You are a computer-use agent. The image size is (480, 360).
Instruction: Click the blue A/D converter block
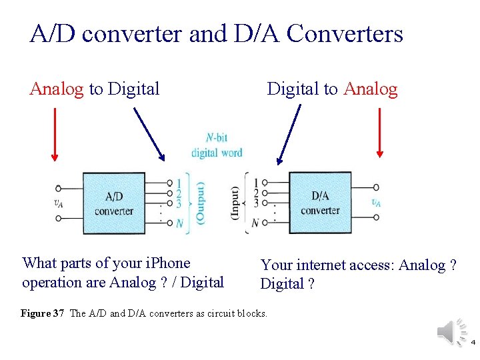pyautogui.click(x=113, y=203)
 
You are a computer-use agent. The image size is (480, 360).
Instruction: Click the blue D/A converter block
pyautogui.click(x=319, y=203)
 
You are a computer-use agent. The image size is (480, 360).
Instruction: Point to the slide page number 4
pyautogui.click(x=473, y=343)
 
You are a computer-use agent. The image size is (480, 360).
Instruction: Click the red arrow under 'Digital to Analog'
pyautogui.click(x=379, y=133)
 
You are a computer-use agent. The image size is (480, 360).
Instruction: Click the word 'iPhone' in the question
pyautogui.click(x=167, y=263)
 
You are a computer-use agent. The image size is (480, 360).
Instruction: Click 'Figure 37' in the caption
pyautogui.click(x=43, y=313)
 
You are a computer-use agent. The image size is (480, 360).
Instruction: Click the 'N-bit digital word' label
pyautogui.click(x=217, y=145)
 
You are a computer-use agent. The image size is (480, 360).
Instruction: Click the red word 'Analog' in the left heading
pyautogui.click(x=57, y=89)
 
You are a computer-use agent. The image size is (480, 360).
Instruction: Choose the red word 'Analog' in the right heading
pyautogui.click(x=371, y=89)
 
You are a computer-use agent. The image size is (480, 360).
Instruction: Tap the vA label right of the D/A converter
pyautogui.click(x=377, y=202)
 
